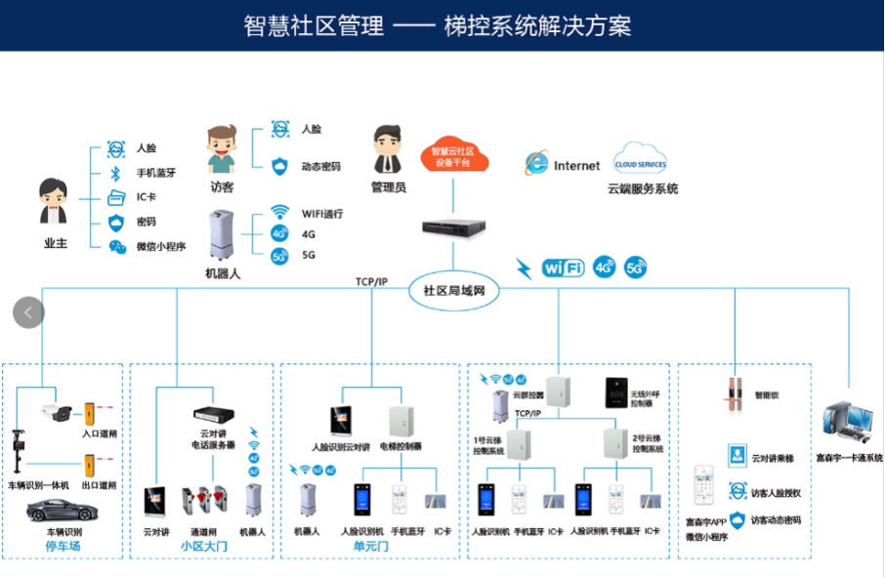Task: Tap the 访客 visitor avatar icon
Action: pyautogui.click(x=222, y=148)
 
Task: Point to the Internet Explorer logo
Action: pyautogui.click(x=535, y=165)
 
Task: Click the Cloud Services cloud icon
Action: pyautogui.click(x=640, y=161)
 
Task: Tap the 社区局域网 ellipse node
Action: pyautogui.click(x=454, y=291)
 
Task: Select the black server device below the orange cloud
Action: pyautogui.click(x=452, y=227)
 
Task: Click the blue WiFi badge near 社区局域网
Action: pyautogui.click(x=563, y=267)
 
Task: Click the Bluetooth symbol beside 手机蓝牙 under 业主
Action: pyautogui.click(x=115, y=174)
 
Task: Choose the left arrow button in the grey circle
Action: pyautogui.click(x=28, y=312)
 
